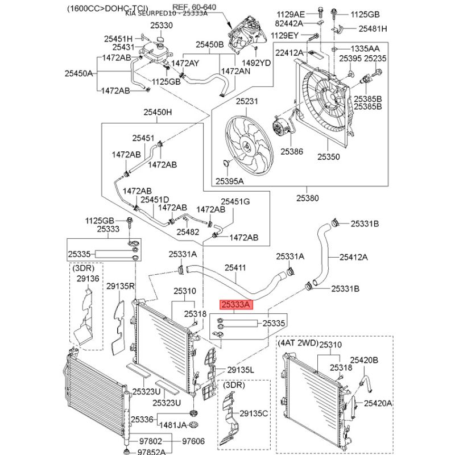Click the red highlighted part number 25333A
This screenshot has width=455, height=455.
pos(235,305)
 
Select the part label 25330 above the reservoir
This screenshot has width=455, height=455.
pos(161,26)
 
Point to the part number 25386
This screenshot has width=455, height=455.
pos(292,152)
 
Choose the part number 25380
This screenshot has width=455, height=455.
pos(307,198)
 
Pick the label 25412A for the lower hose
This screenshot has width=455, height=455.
pos(354,257)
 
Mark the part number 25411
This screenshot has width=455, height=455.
pos(235,267)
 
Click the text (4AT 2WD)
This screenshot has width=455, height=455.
pos(297,344)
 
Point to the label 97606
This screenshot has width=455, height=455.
pos(193,441)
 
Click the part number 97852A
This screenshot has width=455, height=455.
pos(147,452)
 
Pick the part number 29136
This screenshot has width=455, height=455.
pos(88,278)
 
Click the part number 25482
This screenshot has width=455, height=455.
pos(187,232)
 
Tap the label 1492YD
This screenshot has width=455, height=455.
pos(257,63)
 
